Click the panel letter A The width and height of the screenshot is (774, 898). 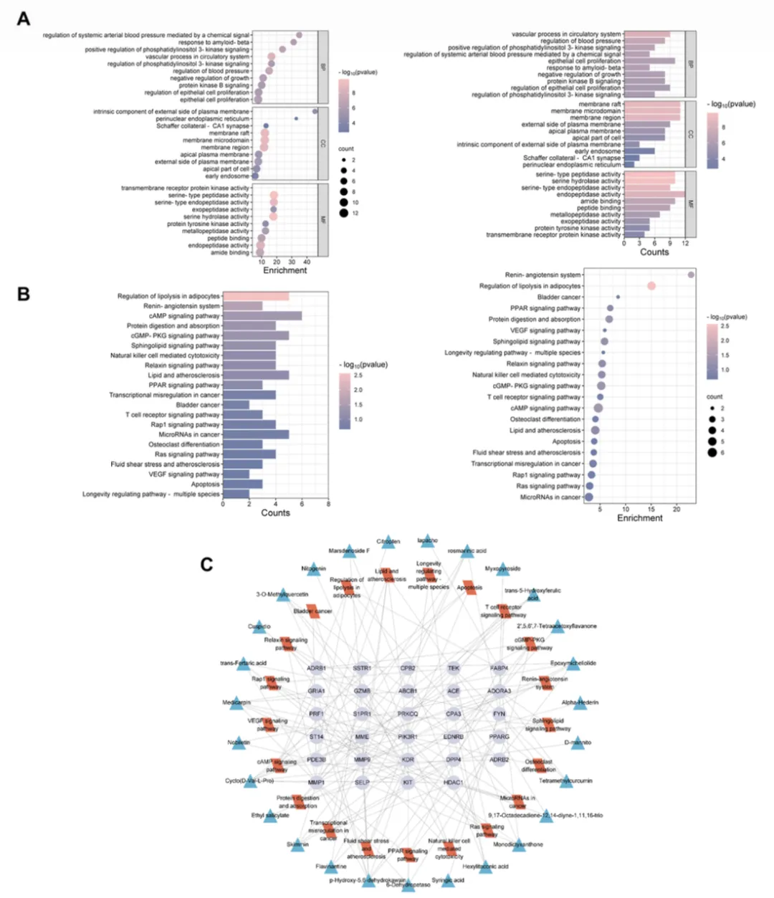pos(24,19)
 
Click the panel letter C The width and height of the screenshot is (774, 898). pos(206,564)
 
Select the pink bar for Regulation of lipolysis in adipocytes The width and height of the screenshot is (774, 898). pos(256,296)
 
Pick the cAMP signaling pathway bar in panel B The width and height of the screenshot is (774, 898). pos(262,316)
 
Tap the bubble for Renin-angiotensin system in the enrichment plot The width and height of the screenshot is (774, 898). pos(691,274)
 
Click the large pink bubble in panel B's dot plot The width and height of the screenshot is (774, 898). pos(651,286)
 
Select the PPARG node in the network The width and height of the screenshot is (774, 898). pos(500,737)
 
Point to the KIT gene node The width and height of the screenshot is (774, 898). pos(408,783)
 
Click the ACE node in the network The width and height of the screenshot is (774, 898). pos(454,691)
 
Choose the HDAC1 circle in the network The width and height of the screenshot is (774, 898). pos(454,783)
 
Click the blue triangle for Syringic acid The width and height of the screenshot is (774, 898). pos(449,881)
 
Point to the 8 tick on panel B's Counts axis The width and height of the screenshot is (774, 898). pos(328,504)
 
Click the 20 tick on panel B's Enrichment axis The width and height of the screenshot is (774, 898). pos(677,509)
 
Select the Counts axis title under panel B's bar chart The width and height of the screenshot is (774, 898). pos(275,513)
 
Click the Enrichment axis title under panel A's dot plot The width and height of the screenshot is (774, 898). pos(285,270)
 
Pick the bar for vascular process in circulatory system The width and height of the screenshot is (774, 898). pos(646,34)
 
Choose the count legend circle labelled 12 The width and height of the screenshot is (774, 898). pos(344,213)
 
